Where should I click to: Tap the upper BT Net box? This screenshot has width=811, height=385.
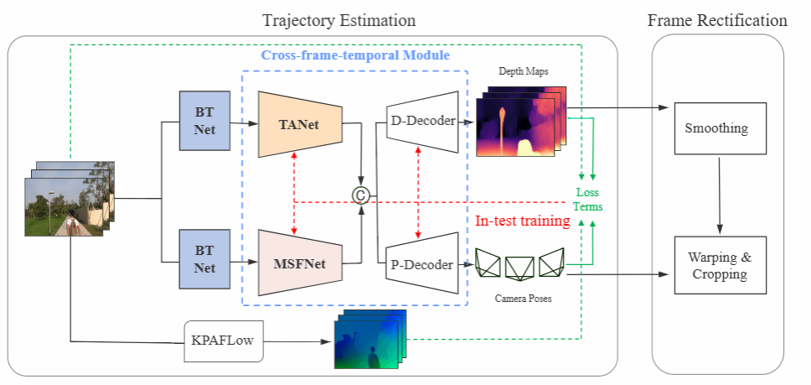[x=205, y=120]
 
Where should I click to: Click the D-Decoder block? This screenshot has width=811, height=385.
[x=422, y=122]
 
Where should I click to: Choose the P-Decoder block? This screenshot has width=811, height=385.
[x=422, y=265]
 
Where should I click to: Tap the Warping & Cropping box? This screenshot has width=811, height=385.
[x=721, y=264]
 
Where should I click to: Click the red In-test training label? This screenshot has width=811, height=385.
[x=523, y=221]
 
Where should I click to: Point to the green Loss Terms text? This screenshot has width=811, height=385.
[x=587, y=199]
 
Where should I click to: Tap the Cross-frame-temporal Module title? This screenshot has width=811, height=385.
[x=355, y=55]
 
